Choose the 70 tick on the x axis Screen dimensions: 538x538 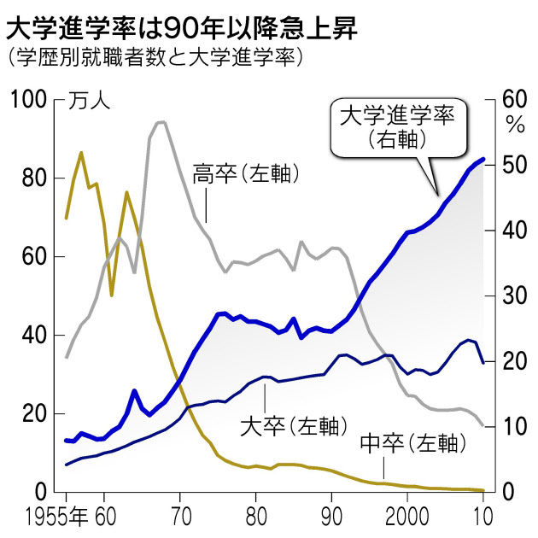(x=180, y=516)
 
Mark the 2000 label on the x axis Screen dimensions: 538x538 (x=406, y=516)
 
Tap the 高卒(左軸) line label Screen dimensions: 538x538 (x=246, y=173)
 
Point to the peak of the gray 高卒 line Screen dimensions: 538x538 (x=161, y=122)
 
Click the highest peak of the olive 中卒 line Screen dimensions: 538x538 (x=81, y=153)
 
